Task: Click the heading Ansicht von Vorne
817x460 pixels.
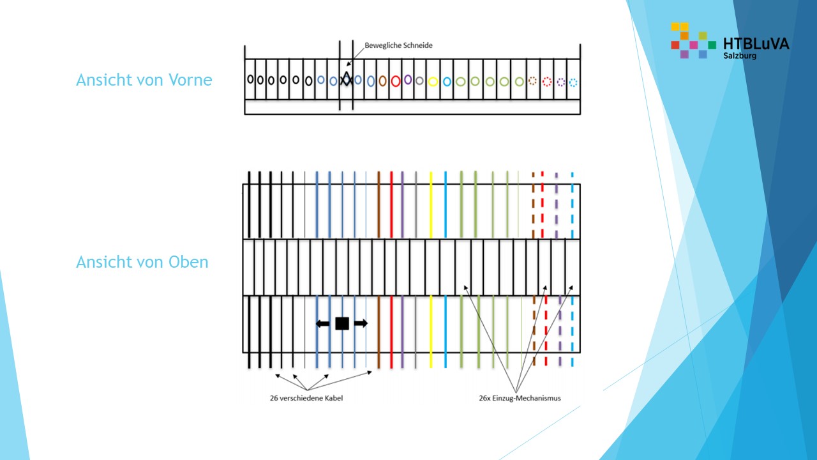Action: pyautogui.click(x=144, y=80)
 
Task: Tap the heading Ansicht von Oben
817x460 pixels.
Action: pyautogui.click(x=142, y=262)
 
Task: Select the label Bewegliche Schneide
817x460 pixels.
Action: pyautogui.click(x=398, y=45)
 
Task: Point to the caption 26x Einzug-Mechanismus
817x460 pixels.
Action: pyautogui.click(x=520, y=398)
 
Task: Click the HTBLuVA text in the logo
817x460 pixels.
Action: pyautogui.click(x=756, y=43)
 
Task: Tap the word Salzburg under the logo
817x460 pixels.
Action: pyautogui.click(x=740, y=56)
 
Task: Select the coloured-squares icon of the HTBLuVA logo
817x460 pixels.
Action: pyautogui.click(x=693, y=40)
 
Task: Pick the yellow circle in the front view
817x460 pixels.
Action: pyautogui.click(x=433, y=81)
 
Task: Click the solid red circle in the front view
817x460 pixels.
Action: pyautogui.click(x=395, y=81)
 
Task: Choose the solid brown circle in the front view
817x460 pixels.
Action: pyautogui.click(x=382, y=81)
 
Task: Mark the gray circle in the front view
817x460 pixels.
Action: pyautogui.click(x=419, y=80)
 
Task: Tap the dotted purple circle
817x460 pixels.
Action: pyautogui.click(x=560, y=82)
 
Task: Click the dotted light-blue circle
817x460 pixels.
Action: pyautogui.click(x=573, y=82)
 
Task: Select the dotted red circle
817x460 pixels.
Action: pyautogui.click(x=546, y=81)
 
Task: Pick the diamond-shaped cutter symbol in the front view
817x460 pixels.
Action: pyautogui.click(x=346, y=79)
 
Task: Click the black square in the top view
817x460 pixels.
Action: pyautogui.click(x=342, y=323)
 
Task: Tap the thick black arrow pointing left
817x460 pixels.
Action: pyautogui.click(x=323, y=323)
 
